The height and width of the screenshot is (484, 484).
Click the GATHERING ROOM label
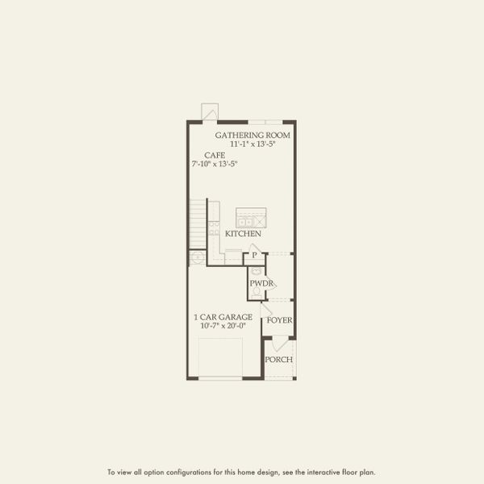click(252, 135)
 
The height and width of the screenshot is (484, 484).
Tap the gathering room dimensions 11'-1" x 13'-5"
click(252, 144)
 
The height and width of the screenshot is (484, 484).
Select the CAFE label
click(214, 155)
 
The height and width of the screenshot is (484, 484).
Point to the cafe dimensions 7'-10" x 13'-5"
click(214, 164)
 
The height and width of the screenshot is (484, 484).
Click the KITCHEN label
click(243, 233)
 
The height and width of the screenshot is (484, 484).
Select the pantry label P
click(254, 256)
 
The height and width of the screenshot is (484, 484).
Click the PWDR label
click(261, 283)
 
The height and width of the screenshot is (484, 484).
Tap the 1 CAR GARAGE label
click(223, 317)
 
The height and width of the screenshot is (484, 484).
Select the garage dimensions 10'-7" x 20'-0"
click(223, 326)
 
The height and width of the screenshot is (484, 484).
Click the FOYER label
click(279, 320)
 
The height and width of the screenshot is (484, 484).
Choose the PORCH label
click(279, 360)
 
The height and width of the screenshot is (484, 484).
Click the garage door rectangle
click(220, 357)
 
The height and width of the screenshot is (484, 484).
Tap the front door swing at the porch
click(274, 344)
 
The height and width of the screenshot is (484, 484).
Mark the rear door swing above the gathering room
click(211, 111)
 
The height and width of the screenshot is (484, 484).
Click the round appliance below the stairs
click(196, 257)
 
